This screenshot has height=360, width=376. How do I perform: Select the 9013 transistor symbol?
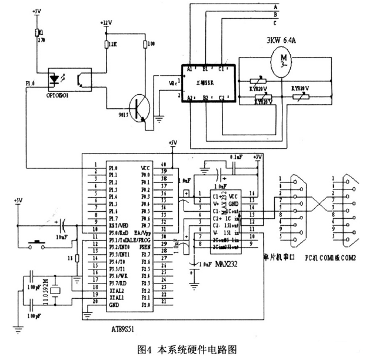[x=139, y=108]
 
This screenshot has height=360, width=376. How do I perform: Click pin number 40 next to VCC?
[x=164, y=165]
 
